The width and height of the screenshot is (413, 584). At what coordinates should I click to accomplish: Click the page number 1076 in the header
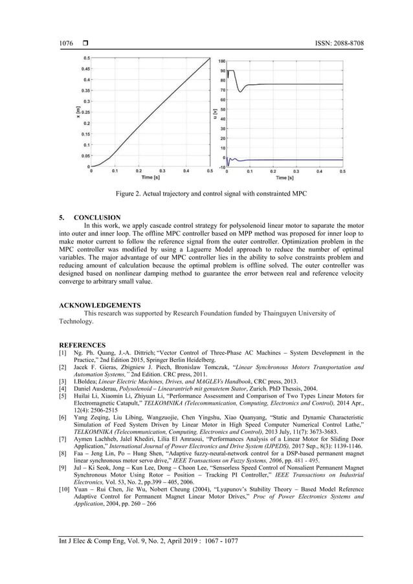click(x=66, y=43)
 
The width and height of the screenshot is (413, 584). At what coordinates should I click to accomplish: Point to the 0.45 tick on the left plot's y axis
click(x=85, y=69)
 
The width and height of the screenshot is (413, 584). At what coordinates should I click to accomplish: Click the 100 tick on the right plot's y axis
click(x=221, y=61)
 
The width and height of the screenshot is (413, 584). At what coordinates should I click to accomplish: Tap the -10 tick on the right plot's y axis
click(x=221, y=167)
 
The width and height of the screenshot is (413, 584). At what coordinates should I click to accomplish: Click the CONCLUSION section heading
click(x=97, y=218)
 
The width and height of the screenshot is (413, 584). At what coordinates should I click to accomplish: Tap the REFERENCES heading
click(x=82, y=346)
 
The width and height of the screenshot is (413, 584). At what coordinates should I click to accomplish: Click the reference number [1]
click(x=62, y=353)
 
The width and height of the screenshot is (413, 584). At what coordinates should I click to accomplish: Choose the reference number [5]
click(x=62, y=395)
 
